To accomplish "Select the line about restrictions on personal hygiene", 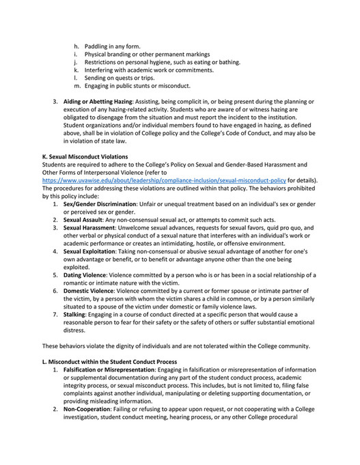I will tap(161, 62).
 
